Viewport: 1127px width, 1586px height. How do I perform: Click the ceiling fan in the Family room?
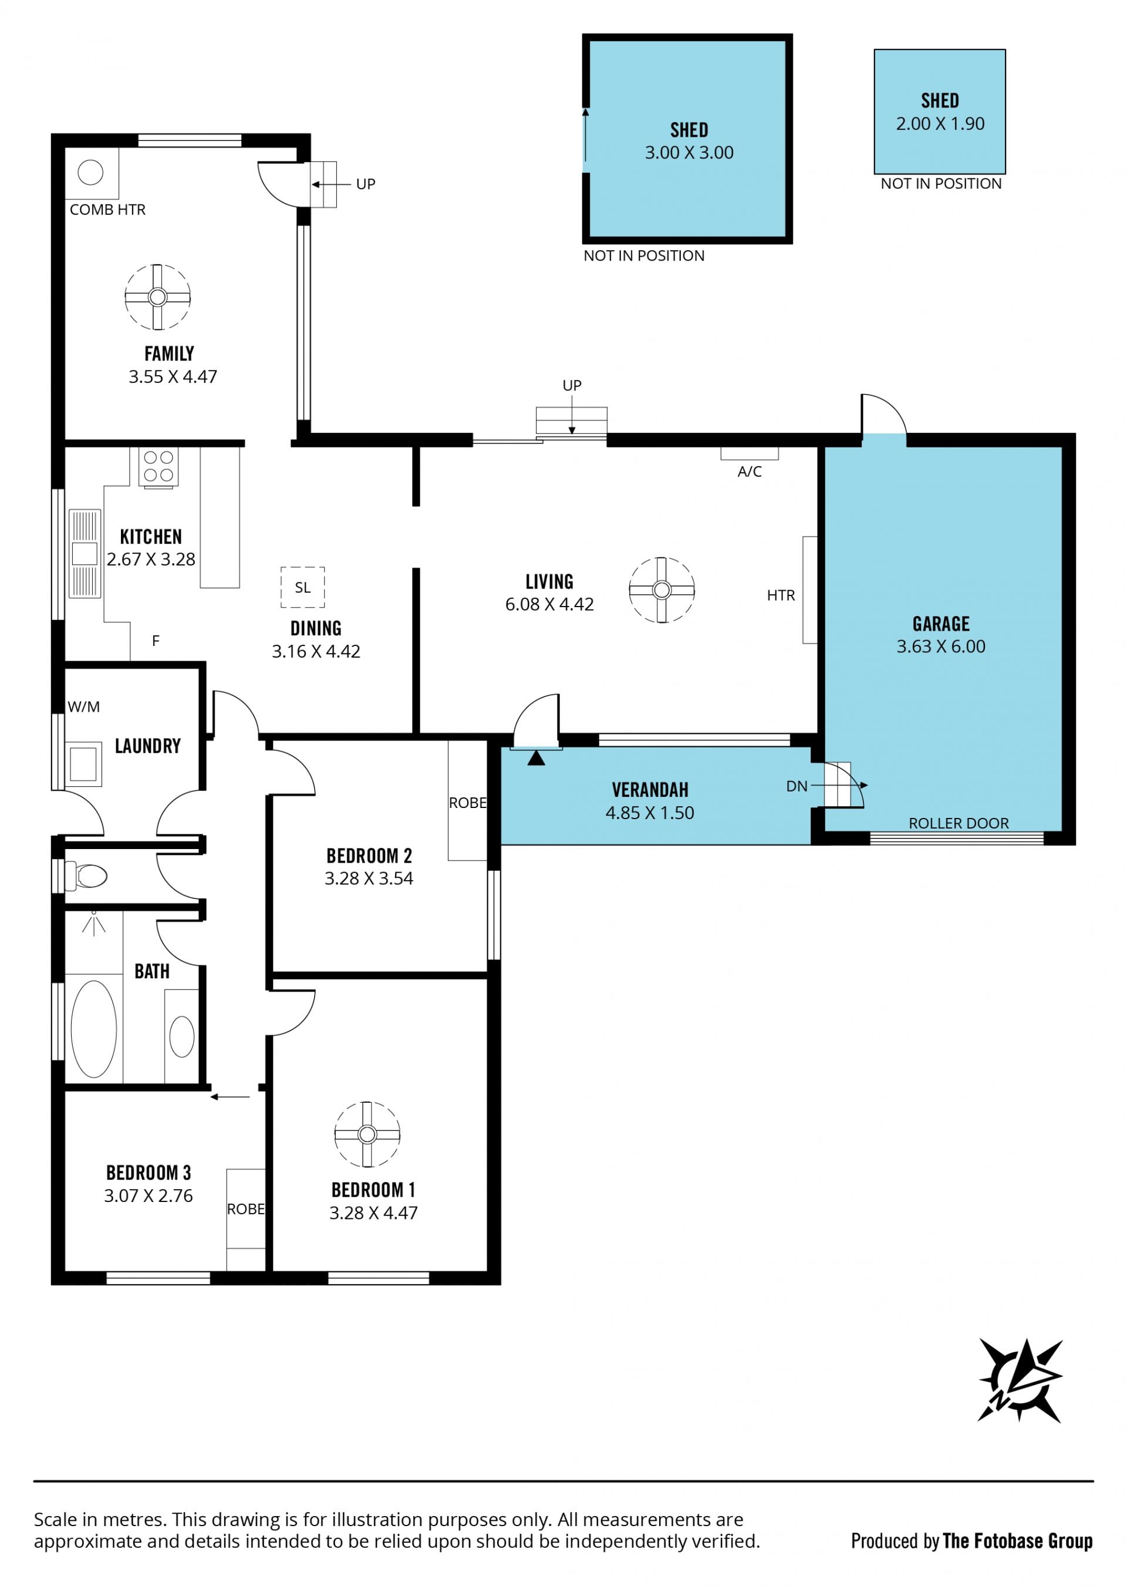[x=157, y=297]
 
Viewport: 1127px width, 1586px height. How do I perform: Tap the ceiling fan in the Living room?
[x=662, y=590]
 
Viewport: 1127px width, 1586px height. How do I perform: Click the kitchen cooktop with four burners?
[x=158, y=467]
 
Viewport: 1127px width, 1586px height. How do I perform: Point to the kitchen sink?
[x=85, y=554]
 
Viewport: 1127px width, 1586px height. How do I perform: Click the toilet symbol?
[x=85, y=876]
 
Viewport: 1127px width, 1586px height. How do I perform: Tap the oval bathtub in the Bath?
[x=94, y=1029]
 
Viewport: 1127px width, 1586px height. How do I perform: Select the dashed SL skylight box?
[x=302, y=587]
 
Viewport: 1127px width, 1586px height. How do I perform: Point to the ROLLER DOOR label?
[x=959, y=823]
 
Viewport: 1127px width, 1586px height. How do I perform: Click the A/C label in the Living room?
[x=750, y=472]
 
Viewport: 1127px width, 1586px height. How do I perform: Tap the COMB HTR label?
[x=107, y=210]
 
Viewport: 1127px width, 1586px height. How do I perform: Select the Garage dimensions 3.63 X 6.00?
[x=941, y=646]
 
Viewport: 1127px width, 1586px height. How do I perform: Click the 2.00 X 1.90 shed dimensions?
[x=940, y=123]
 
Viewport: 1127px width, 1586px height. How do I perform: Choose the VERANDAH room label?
[x=650, y=790]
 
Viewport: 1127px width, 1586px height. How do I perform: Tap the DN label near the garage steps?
[x=797, y=786]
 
